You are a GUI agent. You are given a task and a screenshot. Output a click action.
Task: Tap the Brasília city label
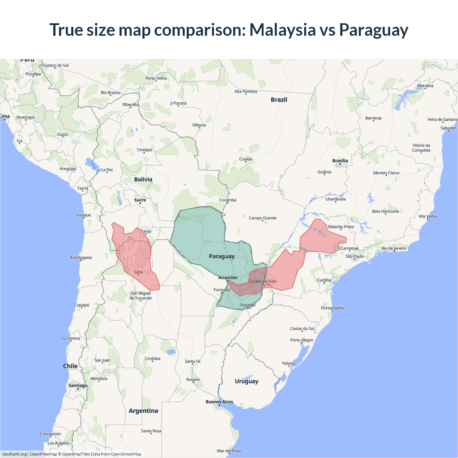coord(340,161)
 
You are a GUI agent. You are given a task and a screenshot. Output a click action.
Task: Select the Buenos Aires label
coord(219,402)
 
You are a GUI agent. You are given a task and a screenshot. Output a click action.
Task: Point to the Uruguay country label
coord(247,381)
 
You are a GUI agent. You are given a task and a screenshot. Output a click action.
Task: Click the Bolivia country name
coord(143,179)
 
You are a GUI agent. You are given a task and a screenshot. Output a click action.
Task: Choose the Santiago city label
coord(78,385)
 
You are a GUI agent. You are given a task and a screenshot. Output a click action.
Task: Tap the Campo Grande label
coord(263,218)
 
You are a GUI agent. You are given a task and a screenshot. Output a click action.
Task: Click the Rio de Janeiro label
coord(394,248)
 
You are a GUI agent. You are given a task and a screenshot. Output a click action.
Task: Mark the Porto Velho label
coord(156,78)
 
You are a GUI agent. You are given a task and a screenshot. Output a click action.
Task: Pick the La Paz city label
coord(107,170)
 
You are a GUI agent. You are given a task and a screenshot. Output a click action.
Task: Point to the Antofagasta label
coord(81,258)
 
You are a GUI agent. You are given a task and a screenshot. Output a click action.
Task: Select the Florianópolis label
coord(332,308)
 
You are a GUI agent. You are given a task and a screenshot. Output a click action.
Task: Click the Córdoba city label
coord(152,359)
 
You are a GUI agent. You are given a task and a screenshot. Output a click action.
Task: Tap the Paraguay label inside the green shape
coord(222,256)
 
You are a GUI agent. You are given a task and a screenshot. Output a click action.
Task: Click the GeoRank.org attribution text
coord(14,454)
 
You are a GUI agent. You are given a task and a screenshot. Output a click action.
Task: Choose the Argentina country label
coord(143,411)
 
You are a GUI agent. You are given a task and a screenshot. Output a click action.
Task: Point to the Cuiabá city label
coord(245,159)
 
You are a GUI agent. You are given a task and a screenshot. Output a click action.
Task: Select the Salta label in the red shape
coord(138,272)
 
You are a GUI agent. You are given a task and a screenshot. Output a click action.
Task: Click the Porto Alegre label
coord(302,340)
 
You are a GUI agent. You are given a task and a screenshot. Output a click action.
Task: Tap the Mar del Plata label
coord(229,451)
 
